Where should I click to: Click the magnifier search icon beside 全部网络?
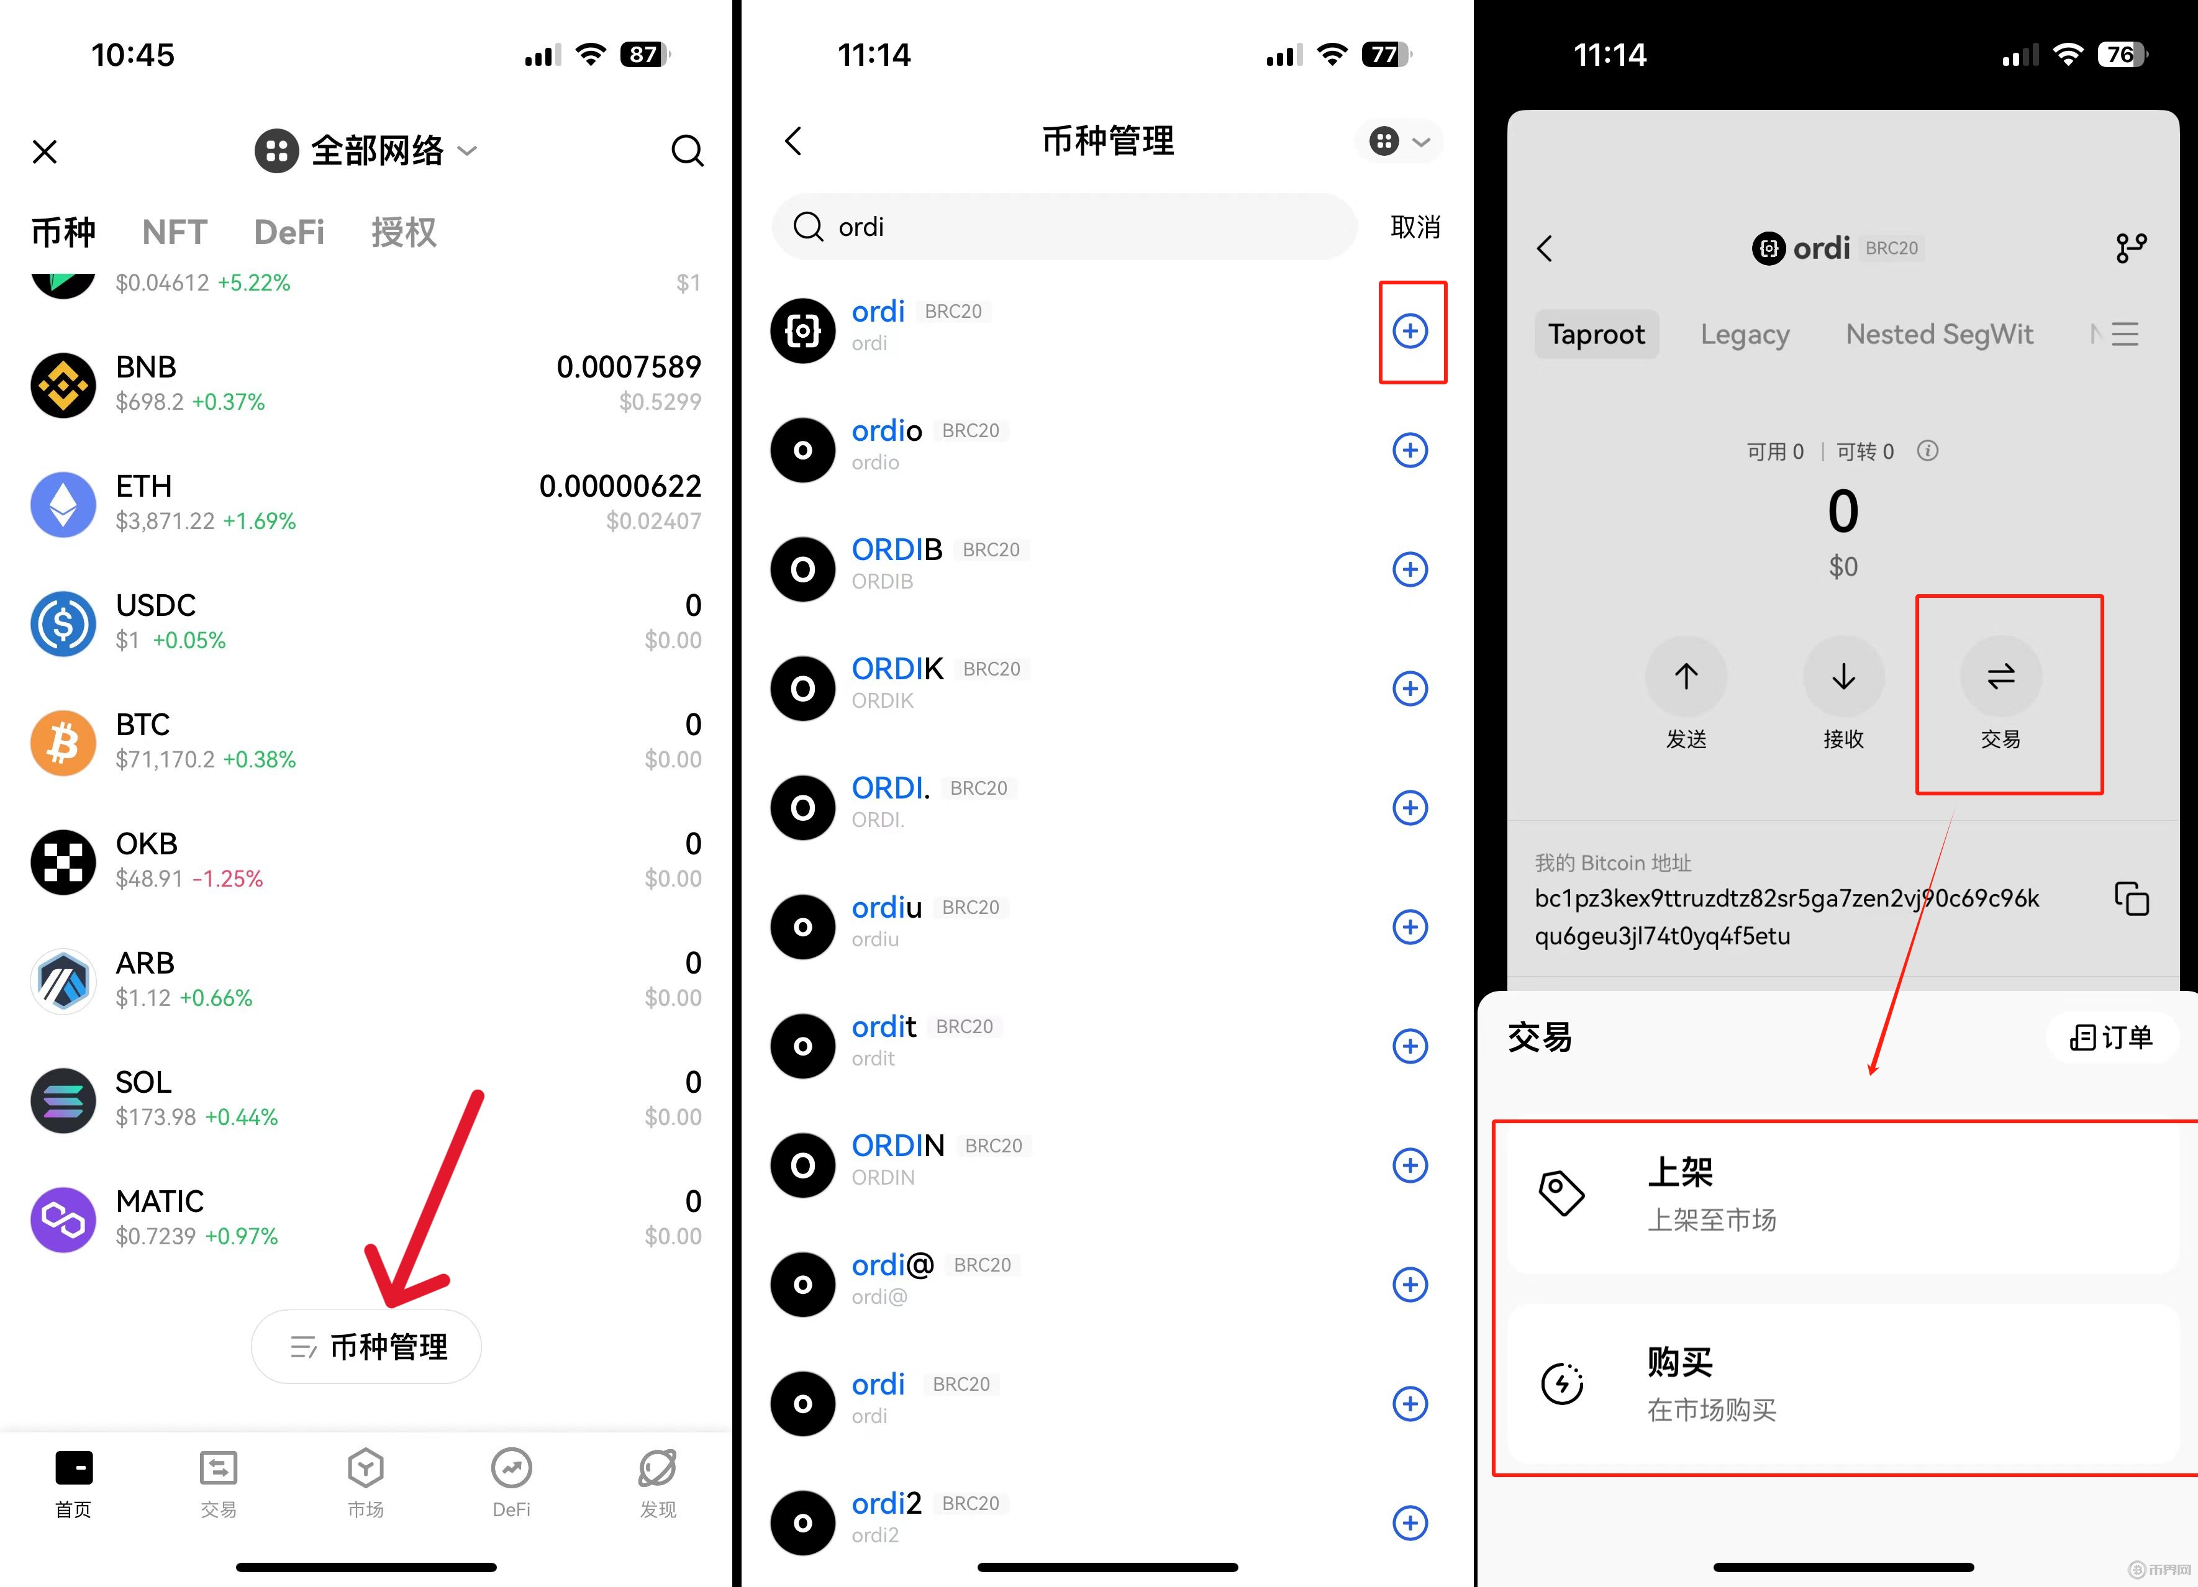(x=687, y=150)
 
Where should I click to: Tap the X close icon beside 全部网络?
(x=45, y=151)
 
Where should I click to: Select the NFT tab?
(x=175, y=233)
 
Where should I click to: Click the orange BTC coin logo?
(x=63, y=743)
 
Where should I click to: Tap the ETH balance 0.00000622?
(x=620, y=486)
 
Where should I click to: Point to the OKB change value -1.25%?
(x=228, y=879)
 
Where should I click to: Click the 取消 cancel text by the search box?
(x=1415, y=227)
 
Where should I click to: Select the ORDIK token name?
(x=897, y=669)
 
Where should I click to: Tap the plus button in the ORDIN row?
(x=1410, y=1165)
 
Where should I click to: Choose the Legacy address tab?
(x=1745, y=334)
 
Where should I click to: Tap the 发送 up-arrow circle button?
(x=1686, y=676)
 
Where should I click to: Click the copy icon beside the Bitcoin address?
(x=2131, y=898)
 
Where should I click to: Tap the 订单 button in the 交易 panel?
(x=2112, y=1038)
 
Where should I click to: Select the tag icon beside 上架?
(x=1561, y=1193)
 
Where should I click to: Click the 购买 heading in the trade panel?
(x=1681, y=1362)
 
